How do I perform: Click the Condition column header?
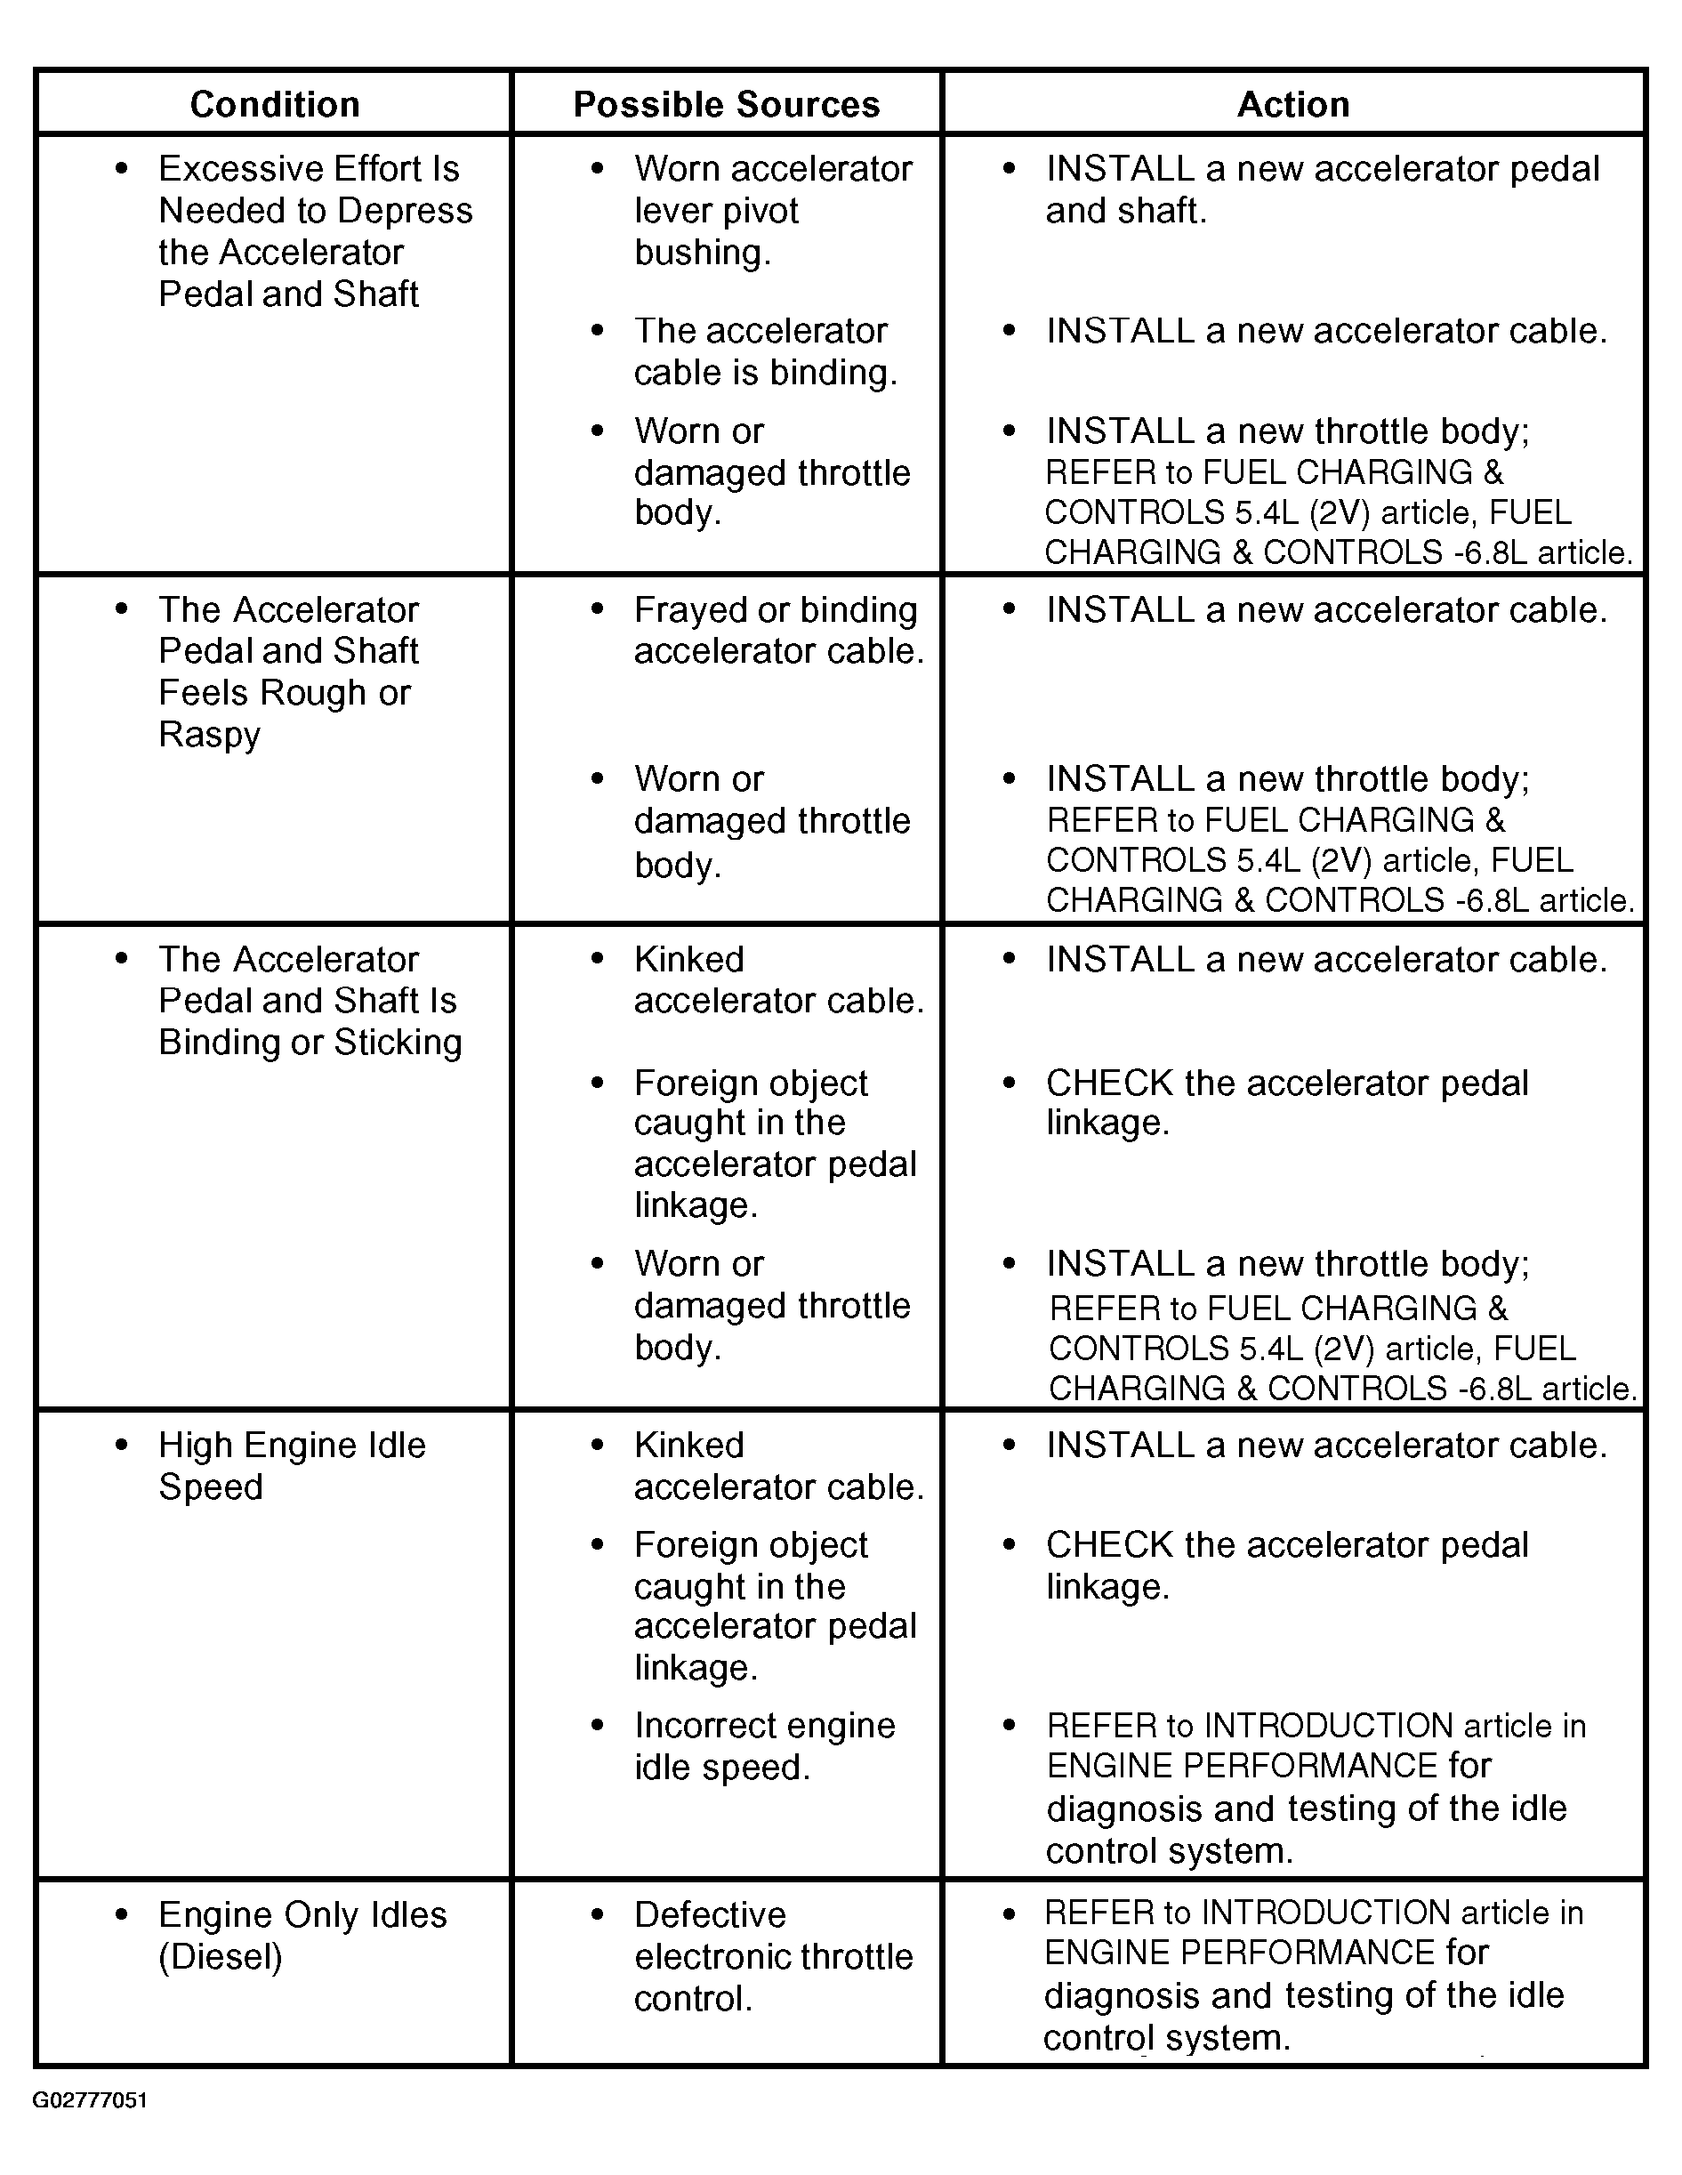(x=274, y=105)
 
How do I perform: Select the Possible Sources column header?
(x=726, y=105)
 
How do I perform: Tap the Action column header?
(x=1292, y=105)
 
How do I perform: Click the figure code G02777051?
(x=91, y=2100)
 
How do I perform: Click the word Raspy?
(x=209, y=735)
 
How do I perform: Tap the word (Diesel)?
(x=220, y=1956)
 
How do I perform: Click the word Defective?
(x=710, y=1914)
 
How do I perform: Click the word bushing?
(x=702, y=253)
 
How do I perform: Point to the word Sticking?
(x=398, y=1042)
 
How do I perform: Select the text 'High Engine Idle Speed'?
(x=291, y=1465)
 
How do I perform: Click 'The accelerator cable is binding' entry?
(x=765, y=351)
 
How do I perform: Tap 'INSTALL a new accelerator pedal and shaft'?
(x=1322, y=189)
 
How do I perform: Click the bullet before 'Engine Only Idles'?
(x=122, y=1914)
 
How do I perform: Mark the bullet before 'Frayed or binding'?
(x=598, y=609)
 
